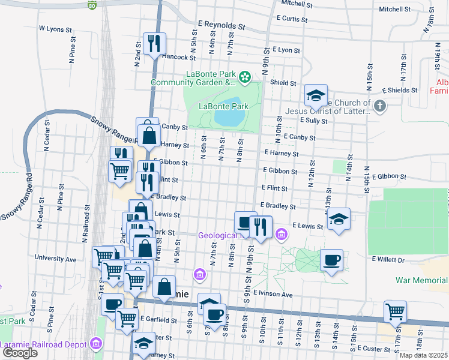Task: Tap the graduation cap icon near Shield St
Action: [316, 95]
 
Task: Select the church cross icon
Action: [379, 106]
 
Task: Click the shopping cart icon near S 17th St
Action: [396, 311]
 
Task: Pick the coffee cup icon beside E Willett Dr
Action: [332, 260]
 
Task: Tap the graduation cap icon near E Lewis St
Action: [339, 219]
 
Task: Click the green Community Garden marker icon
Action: [244, 77]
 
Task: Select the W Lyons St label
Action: [54, 28]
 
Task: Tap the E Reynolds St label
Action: [221, 25]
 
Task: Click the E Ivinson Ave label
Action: [273, 294]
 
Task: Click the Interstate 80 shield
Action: [91, 6]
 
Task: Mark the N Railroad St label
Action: [87, 216]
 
